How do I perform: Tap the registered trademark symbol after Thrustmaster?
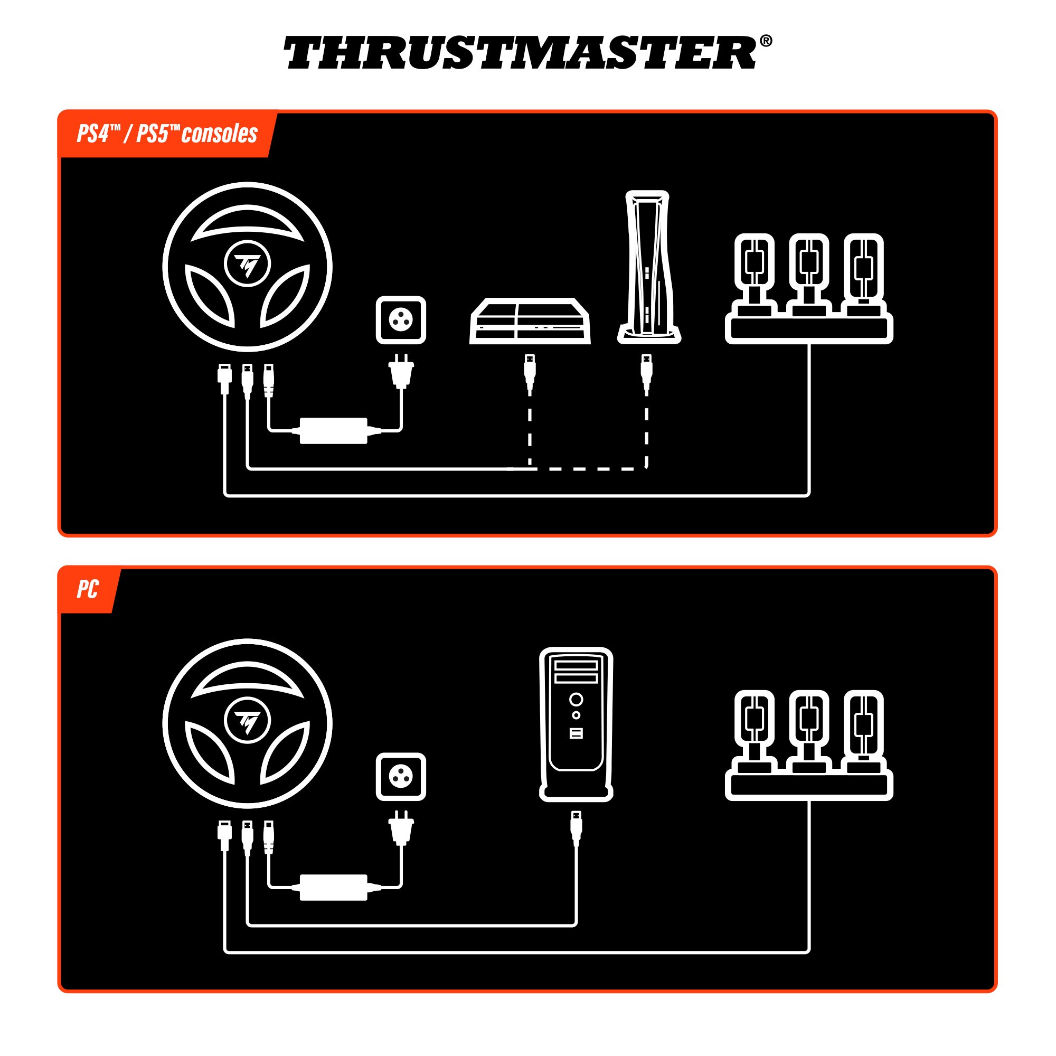[766, 41]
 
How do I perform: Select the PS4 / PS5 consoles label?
[167, 134]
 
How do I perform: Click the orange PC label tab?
[88, 590]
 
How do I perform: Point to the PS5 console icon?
[648, 267]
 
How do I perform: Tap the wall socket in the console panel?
[401, 320]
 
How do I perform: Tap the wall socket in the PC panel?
[401, 777]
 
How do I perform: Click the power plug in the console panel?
[401, 372]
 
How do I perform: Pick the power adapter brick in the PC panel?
[333, 887]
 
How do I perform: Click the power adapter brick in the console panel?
[333, 431]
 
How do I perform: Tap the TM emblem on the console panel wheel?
[247, 264]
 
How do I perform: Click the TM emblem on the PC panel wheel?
[247, 720]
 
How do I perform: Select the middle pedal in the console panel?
[808, 268]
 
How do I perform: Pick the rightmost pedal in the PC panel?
[863, 724]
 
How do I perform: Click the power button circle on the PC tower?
[576, 699]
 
